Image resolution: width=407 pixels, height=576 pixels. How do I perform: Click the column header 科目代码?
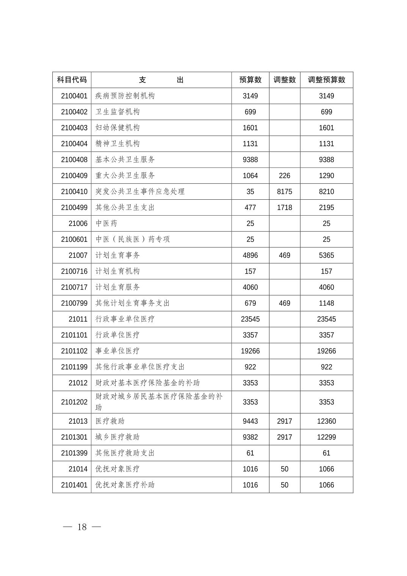pyautogui.click(x=72, y=80)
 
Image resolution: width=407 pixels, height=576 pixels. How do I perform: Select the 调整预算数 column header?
pyautogui.click(x=326, y=80)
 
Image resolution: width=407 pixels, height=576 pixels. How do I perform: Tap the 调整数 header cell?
pyautogui.click(x=284, y=80)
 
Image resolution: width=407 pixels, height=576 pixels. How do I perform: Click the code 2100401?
pyautogui.click(x=74, y=96)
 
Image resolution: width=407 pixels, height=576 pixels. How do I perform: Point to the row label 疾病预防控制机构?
pyautogui.click(x=125, y=96)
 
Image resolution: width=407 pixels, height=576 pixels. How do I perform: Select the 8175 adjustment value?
pyautogui.click(x=284, y=192)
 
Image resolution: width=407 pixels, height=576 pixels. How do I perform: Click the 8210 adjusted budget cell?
pyautogui.click(x=326, y=192)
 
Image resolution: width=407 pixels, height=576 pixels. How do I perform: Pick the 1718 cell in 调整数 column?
pyautogui.click(x=284, y=208)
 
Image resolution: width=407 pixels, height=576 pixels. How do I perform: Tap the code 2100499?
pyautogui.click(x=74, y=208)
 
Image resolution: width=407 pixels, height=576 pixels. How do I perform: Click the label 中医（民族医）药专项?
pyautogui.click(x=133, y=239)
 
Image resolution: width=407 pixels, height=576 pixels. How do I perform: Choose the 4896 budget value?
pyautogui.click(x=250, y=255)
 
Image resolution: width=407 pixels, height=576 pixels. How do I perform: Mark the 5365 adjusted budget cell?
pyautogui.click(x=326, y=255)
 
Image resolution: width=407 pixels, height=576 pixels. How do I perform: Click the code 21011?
pyautogui.click(x=78, y=319)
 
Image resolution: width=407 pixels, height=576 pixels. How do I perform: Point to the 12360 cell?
pyautogui.click(x=326, y=421)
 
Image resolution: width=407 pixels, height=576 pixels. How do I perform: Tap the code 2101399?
pyautogui.click(x=74, y=453)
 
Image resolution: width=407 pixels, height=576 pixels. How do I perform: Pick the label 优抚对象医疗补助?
pyautogui.click(x=125, y=485)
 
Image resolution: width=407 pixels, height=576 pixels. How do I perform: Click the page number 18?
pyautogui.click(x=82, y=527)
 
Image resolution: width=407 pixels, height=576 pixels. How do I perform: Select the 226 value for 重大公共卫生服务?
pyautogui.click(x=284, y=176)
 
